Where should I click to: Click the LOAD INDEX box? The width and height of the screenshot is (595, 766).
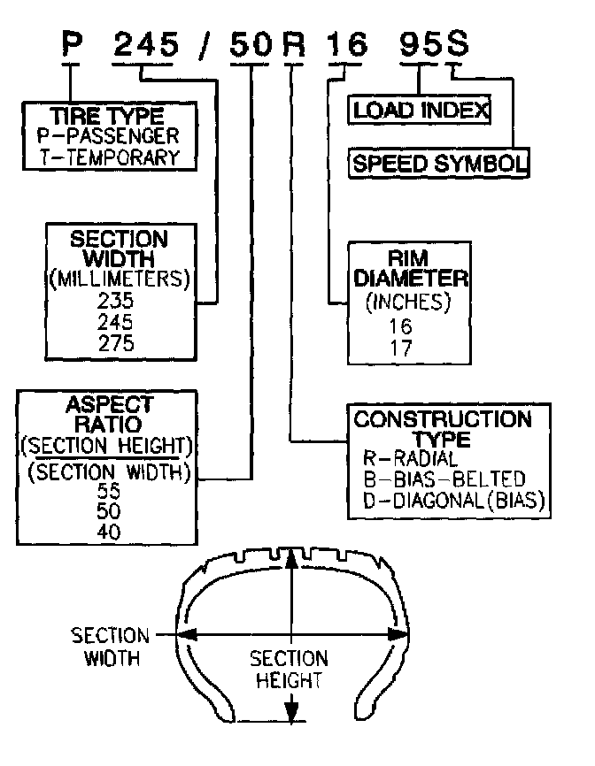click(x=420, y=111)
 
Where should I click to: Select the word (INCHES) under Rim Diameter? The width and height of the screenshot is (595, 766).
click(x=408, y=302)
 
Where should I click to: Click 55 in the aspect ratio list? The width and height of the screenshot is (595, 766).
click(x=111, y=493)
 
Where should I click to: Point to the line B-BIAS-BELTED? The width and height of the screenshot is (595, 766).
click(x=444, y=480)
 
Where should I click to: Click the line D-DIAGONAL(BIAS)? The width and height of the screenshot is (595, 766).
click(x=452, y=502)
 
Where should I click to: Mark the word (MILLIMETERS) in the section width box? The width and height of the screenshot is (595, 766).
click(x=119, y=280)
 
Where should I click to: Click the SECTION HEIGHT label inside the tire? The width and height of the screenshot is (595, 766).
click(x=288, y=670)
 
